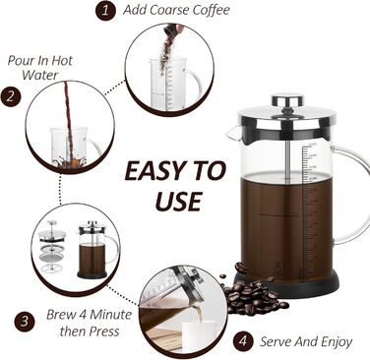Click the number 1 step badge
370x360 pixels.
coord(105,11)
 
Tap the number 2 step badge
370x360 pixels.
coord(11,97)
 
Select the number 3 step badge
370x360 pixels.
coord(25,322)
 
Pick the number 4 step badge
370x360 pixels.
coord(243,341)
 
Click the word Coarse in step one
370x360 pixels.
coord(170,10)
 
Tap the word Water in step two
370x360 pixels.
coord(40,75)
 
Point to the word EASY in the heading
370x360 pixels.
coord(154,171)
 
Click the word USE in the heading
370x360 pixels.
coord(177,201)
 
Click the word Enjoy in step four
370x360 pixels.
coord(337,342)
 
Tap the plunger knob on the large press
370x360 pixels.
coord(287,100)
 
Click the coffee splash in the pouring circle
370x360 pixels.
coord(70,162)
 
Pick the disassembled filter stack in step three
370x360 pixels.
coord(52,247)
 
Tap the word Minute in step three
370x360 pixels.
coord(110,315)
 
